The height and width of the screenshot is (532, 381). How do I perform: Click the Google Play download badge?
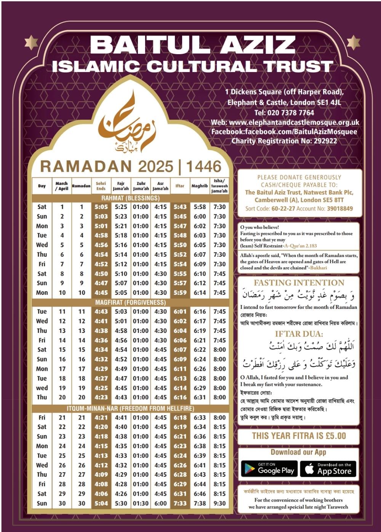pyautogui.click(x=269, y=469)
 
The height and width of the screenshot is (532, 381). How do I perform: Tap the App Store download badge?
pyautogui.click(x=328, y=469)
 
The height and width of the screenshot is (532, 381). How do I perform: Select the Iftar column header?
pyautogui.click(x=180, y=186)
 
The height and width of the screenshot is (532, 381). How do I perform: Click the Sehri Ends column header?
pyautogui.click(x=101, y=186)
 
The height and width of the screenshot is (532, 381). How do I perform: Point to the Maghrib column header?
pyautogui.click(x=200, y=186)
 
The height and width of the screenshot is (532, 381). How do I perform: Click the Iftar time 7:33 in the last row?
pyautogui.click(x=180, y=503)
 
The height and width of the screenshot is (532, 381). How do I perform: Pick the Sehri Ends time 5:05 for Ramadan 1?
pyautogui.click(x=101, y=207)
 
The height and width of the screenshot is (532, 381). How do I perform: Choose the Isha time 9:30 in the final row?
pyautogui.click(x=219, y=503)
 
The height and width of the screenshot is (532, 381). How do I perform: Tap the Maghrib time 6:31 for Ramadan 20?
pyautogui.click(x=200, y=397)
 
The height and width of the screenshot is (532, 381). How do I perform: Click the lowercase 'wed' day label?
pyautogui.click(x=42, y=388)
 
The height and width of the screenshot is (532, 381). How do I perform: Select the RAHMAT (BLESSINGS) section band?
pyautogui.click(x=130, y=198)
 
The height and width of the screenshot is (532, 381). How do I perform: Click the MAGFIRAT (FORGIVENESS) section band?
pyautogui.click(x=130, y=302)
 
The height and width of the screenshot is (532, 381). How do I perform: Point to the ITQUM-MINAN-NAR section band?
pyautogui.click(x=130, y=408)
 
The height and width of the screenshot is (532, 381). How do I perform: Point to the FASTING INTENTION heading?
pyautogui.click(x=299, y=283)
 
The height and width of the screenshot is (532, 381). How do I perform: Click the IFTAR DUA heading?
pyautogui.click(x=299, y=334)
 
